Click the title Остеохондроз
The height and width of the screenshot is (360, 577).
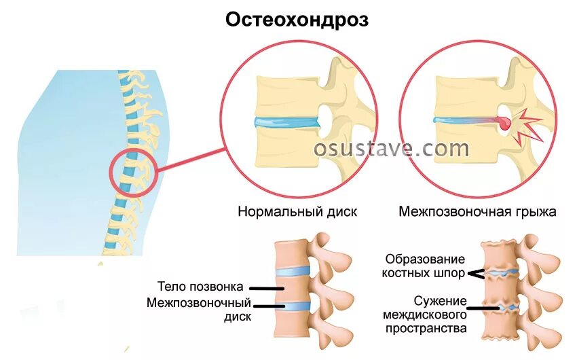pos(297,20)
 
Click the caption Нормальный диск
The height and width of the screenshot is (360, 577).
pos(297,211)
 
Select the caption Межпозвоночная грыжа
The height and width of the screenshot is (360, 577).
pos(477,211)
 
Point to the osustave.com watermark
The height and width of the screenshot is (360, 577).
pos(391,148)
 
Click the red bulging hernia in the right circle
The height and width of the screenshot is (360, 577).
pos(504,123)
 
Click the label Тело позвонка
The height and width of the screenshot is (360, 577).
pos(200,287)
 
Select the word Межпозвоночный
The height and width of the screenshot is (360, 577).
pos(199,303)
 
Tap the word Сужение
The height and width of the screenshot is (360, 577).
pos(440,300)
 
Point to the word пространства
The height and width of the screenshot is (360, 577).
pos(425,329)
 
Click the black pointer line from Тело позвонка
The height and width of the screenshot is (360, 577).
pos(270,287)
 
